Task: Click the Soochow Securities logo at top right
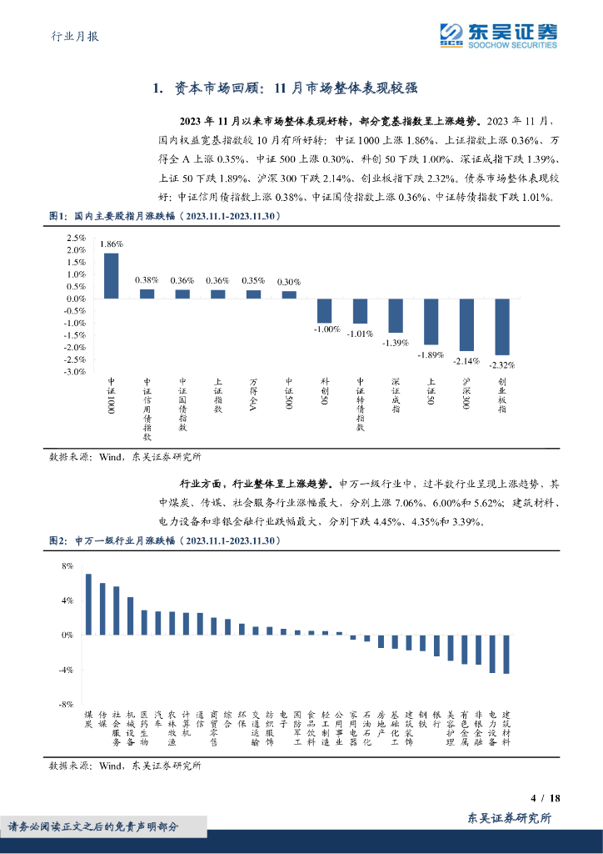pyautogui.click(x=499, y=34)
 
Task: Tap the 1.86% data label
pyautogui.click(x=111, y=244)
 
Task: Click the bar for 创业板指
pyautogui.click(x=502, y=326)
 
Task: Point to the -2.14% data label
pyautogui.click(x=466, y=360)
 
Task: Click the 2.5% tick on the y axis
pyautogui.click(x=75, y=238)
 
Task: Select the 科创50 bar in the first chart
pyautogui.click(x=324, y=310)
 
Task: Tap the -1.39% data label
pyautogui.click(x=396, y=342)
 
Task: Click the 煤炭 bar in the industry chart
pyautogui.click(x=88, y=604)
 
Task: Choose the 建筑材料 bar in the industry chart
pyautogui.click(x=506, y=654)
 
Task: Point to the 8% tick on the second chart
pyautogui.click(x=67, y=565)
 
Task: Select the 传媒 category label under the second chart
pyautogui.click(x=102, y=720)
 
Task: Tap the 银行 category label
pyautogui.click(x=436, y=720)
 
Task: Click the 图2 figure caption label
pyautogui.click(x=57, y=541)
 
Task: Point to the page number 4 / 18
pyautogui.click(x=546, y=797)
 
